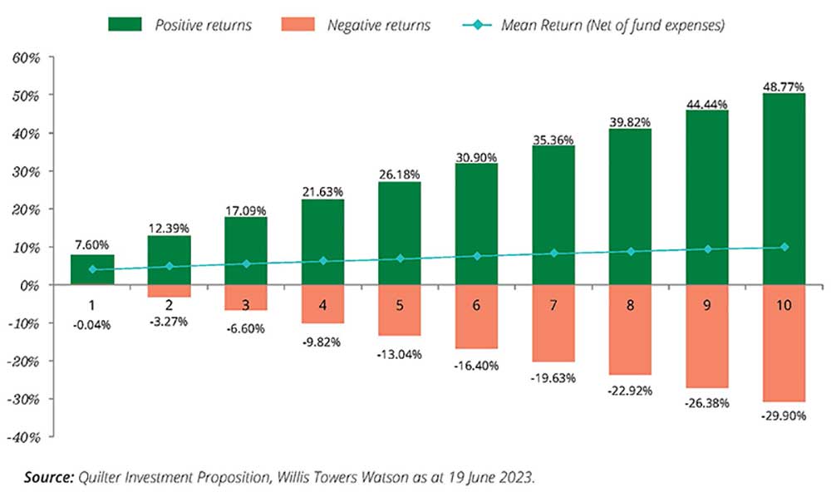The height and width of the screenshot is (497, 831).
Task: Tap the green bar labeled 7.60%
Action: pyautogui.click(x=92, y=269)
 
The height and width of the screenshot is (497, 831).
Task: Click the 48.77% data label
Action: pyautogui.click(x=784, y=85)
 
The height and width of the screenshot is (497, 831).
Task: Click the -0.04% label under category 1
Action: pyautogui.click(x=92, y=324)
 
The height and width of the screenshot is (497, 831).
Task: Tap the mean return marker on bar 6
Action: pyautogui.click(x=477, y=256)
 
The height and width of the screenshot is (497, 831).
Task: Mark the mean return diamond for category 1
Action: pyautogui.click(x=92, y=269)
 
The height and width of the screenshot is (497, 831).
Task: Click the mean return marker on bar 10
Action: pyautogui.click(x=784, y=247)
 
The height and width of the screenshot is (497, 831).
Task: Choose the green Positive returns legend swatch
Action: pyautogui.click(x=125, y=25)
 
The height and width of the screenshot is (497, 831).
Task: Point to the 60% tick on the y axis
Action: pyautogui.click(x=26, y=57)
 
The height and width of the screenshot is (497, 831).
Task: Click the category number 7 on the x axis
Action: pyautogui.click(x=553, y=305)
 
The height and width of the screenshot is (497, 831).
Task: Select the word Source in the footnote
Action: pyautogui.click(x=49, y=479)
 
